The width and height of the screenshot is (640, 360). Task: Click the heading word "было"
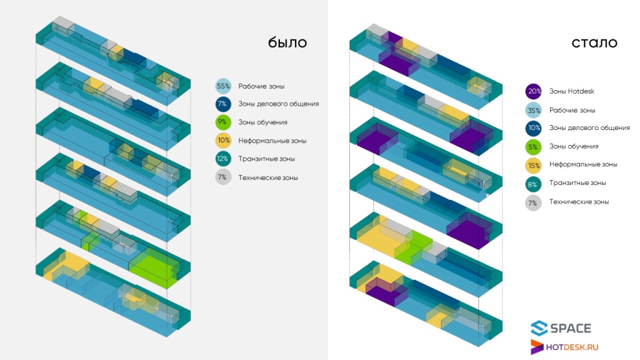coord(287,42)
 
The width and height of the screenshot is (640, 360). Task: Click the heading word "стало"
coord(594,43)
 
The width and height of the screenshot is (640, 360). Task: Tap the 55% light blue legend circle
coord(223,86)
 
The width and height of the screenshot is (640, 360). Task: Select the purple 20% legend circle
coord(534,91)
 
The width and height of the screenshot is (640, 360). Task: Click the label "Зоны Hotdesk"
coord(571,91)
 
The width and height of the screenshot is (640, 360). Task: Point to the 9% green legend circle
coord(223,122)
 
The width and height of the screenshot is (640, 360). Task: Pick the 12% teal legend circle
coord(223,159)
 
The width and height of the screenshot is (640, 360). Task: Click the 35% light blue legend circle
coord(534,110)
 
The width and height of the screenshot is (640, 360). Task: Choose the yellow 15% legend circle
coord(534,165)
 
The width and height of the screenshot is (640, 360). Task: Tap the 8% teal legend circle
coord(534,184)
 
